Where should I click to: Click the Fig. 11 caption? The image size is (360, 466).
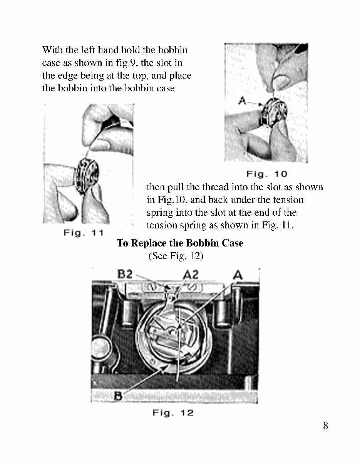pos(84,233)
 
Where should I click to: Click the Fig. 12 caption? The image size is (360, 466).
pos(173,413)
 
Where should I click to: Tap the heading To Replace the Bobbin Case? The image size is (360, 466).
pos(180,243)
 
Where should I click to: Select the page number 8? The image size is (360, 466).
pos(325,426)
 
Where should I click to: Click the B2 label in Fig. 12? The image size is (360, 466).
pos(125,274)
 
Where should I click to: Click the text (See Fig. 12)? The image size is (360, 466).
pos(176,256)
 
